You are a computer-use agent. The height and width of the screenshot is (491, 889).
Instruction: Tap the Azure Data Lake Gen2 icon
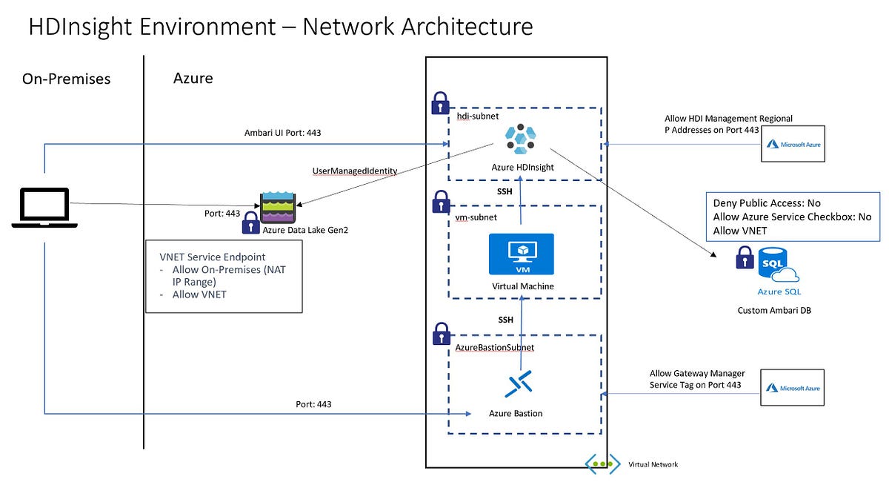[x=278, y=207]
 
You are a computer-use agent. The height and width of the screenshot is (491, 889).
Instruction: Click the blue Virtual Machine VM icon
[x=522, y=254]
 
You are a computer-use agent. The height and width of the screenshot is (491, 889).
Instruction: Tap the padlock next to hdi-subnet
[x=440, y=102]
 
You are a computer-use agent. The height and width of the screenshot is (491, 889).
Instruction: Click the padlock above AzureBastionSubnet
[x=442, y=331]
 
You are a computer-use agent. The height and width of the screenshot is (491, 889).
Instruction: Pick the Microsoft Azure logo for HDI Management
[x=793, y=144]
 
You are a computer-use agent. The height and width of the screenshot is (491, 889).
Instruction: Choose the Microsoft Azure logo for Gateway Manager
[x=793, y=388]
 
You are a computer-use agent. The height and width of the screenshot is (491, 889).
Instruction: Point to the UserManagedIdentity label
[x=355, y=171]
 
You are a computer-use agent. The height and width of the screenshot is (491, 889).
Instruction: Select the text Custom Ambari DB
[x=774, y=310]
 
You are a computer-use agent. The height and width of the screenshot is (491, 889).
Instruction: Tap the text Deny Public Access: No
[x=767, y=202]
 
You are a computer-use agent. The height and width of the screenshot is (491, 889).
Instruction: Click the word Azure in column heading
[x=193, y=77]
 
